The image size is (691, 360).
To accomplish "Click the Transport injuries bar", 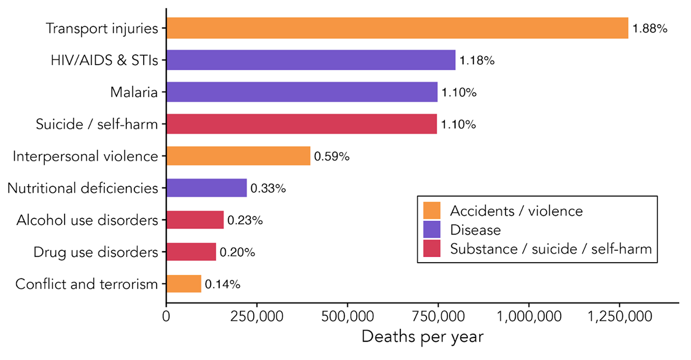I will point(397,28).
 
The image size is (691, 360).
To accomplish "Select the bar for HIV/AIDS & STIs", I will point(311,60).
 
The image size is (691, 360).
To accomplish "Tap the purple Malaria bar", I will point(302,92).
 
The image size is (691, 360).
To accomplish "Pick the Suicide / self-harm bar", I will point(302,124).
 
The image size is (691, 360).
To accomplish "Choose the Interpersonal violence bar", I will point(238,156).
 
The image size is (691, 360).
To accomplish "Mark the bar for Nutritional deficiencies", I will point(207,188).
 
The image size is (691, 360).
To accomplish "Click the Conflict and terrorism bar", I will point(184,284).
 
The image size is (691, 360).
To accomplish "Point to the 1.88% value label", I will point(650,29).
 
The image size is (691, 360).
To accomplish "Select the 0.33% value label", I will point(269,189).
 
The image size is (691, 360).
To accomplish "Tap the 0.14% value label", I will point(223,284).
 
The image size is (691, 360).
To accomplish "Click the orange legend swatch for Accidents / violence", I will point(432,211).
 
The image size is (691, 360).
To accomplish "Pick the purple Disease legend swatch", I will point(432,230).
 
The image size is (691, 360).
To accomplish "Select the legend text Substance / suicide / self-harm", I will point(551,249).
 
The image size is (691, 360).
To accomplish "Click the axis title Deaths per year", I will point(422,337).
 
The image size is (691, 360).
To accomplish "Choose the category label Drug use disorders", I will point(96,252).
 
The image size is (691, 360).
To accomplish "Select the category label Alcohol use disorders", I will point(87,220).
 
